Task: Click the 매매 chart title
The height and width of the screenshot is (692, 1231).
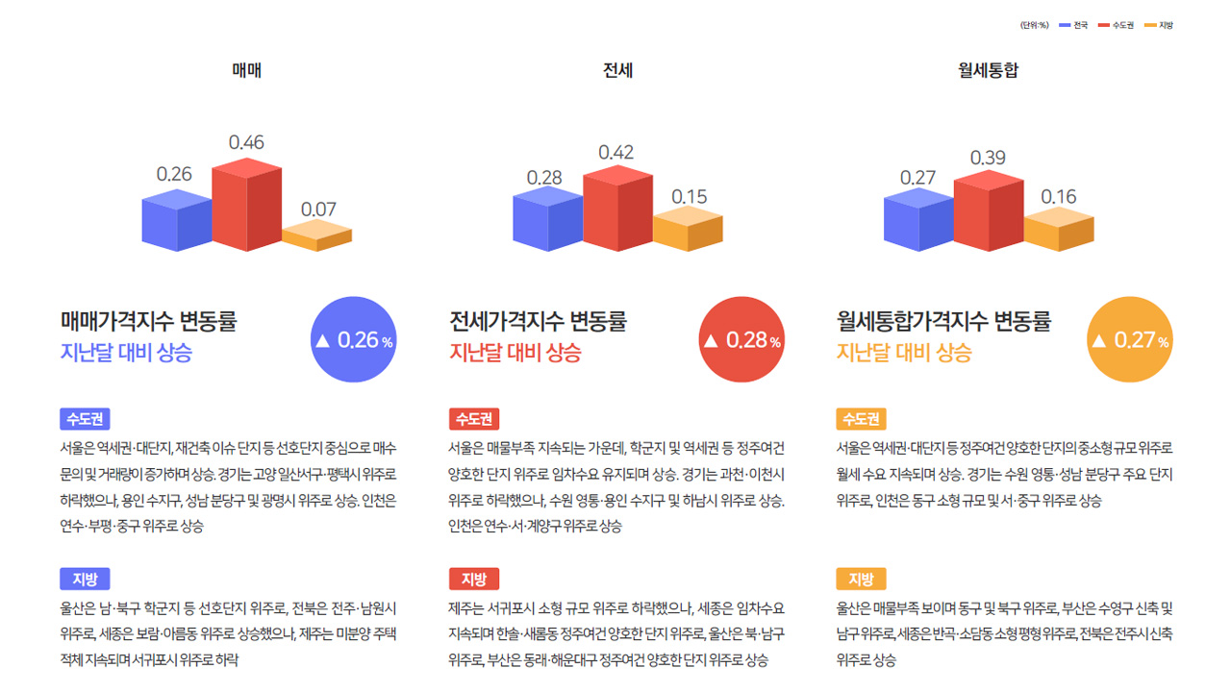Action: coord(247,70)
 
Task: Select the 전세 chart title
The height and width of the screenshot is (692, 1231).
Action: coord(617,70)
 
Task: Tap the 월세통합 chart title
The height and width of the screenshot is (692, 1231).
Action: coord(988,70)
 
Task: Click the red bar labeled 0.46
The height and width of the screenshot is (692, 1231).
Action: coord(246,207)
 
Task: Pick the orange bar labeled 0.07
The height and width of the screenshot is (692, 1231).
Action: coord(316,236)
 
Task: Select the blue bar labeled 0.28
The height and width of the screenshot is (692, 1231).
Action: coord(547,221)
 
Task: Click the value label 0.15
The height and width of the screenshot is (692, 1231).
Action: coord(689,196)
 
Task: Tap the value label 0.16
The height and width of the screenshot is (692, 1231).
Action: coord(1059,196)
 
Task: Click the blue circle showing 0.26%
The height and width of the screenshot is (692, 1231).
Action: coord(355,340)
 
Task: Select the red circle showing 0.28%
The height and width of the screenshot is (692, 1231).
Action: coord(741,340)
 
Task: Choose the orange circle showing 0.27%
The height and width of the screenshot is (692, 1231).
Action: coord(1130,340)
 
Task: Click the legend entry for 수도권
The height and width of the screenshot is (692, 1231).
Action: coord(1118,25)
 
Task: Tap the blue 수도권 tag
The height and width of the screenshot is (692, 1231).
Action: coord(85,419)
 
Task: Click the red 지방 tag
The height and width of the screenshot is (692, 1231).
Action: coord(473,579)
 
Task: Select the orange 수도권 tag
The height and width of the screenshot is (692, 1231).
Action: coord(861,419)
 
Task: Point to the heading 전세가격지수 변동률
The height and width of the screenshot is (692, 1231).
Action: coord(538,320)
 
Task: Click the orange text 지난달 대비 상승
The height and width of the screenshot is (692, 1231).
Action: coord(904,352)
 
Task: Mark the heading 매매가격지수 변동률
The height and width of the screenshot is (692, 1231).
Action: coord(148,320)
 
